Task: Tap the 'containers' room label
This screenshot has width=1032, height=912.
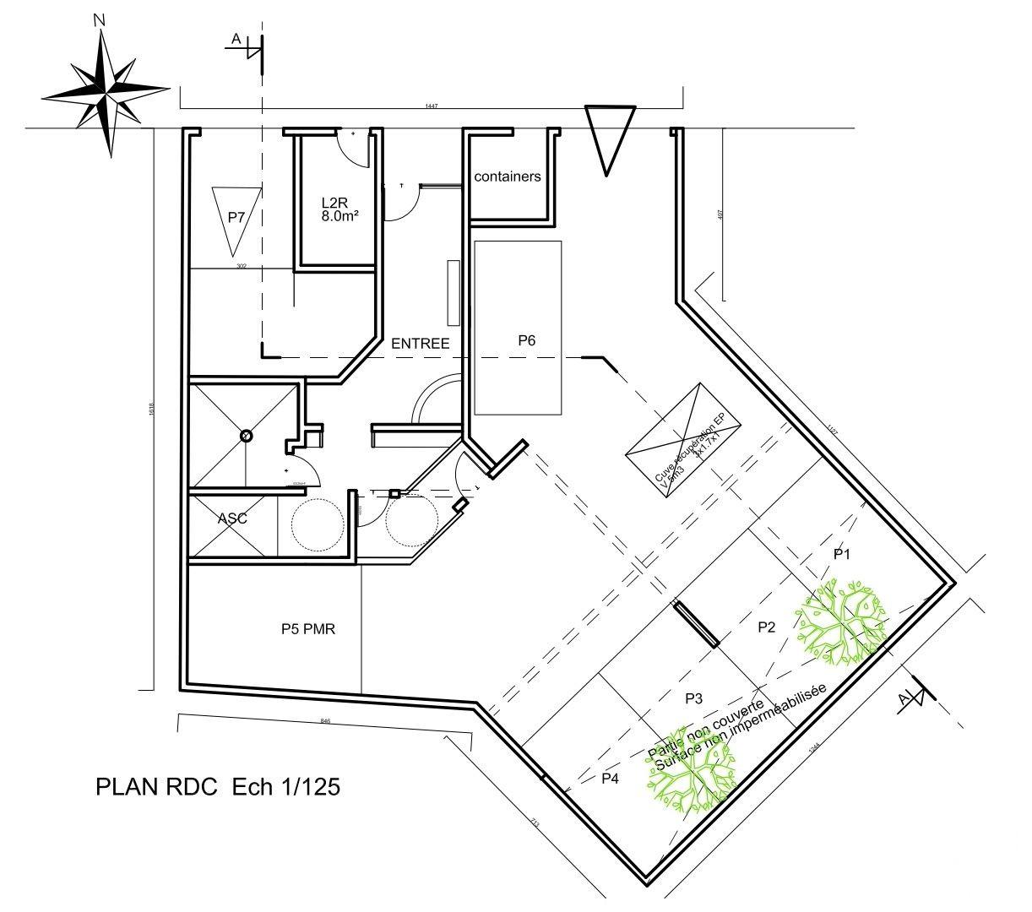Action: [507, 176]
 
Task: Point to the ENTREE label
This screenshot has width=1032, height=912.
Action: [420, 344]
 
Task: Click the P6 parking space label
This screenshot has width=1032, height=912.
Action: [527, 340]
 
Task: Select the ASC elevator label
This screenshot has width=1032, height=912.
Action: [232, 518]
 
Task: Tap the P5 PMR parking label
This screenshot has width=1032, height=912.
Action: [308, 629]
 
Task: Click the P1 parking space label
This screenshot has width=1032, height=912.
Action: [841, 554]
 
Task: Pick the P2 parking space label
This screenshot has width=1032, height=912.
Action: [766, 627]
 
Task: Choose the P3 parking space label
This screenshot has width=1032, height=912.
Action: [694, 698]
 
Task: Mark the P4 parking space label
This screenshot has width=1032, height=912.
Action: [610, 779]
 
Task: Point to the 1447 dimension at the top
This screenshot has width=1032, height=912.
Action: [432, 106]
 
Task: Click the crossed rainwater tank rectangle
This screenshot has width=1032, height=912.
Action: [682, 442]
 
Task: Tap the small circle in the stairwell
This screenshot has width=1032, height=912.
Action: [246, 436]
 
